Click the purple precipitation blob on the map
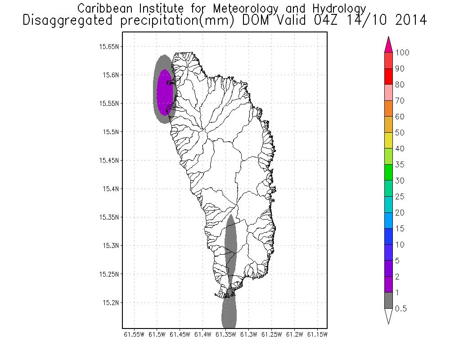pos(164,92)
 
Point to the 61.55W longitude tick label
pos(134,334)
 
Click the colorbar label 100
pos(402,53)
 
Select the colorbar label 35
pos(400,165)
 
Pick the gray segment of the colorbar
pos(390,300)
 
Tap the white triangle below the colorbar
pos(390,316)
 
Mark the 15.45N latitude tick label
pos(109,160)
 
